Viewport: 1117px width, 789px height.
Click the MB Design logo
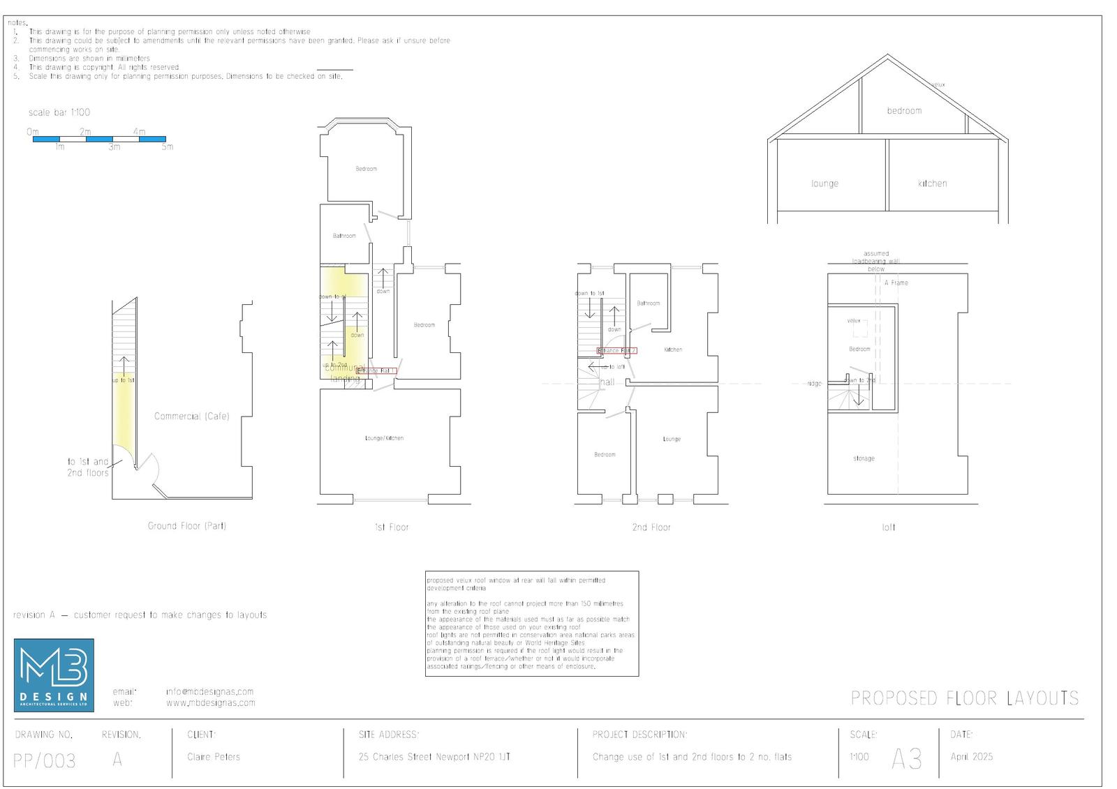54,675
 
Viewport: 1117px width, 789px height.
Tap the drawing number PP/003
45,760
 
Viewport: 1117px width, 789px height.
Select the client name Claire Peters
214,757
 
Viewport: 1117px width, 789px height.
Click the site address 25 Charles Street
434,757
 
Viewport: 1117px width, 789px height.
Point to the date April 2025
971,757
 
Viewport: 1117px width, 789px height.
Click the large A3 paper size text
906,759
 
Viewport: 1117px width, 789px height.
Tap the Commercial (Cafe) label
191,416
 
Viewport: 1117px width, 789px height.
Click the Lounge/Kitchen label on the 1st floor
384,439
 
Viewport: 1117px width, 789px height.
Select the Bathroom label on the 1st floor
344,236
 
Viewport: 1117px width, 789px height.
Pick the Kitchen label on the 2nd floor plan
673,350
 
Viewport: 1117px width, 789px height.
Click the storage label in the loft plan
864,459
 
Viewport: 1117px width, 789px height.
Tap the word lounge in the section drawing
824,184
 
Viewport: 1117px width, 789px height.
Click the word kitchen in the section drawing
932,183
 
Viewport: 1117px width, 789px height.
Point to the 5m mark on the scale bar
168,147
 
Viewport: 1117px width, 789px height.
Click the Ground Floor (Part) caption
186,526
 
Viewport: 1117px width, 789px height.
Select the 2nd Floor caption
651,527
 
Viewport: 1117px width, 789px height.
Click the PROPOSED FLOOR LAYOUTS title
964,698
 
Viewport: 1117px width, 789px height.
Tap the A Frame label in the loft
896,283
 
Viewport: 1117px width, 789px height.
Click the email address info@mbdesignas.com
209,692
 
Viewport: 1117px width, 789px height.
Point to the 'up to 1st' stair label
123,380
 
